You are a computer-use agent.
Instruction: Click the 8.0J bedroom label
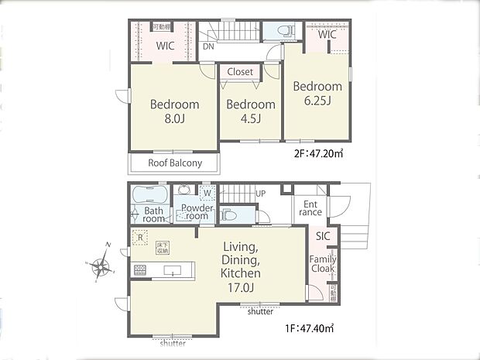[x=174, y=111]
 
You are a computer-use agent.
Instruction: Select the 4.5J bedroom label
[x=250, y=111]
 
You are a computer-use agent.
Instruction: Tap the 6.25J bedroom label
[x=317, y=94]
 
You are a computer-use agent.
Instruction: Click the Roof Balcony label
[x=175, y=163]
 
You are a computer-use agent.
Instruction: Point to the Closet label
[x=240, y=72]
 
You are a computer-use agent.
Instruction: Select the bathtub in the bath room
[x=150, y=193]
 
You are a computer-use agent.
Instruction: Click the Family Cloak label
[x=323, y=264]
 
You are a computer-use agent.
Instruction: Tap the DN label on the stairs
[x=208, y=46]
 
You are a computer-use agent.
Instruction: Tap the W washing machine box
[x=207, y=193]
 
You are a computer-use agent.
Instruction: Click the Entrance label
[x=310, y=207]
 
